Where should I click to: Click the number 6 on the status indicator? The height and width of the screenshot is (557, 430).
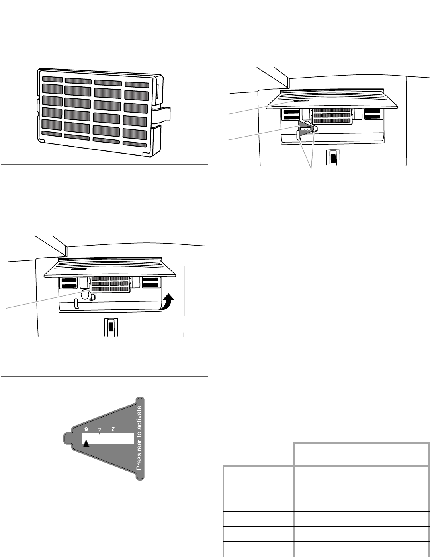86,429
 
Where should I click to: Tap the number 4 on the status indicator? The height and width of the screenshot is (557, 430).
100,429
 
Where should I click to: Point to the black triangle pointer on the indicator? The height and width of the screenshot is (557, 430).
86,443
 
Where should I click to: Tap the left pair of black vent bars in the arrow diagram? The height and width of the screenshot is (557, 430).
69,283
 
